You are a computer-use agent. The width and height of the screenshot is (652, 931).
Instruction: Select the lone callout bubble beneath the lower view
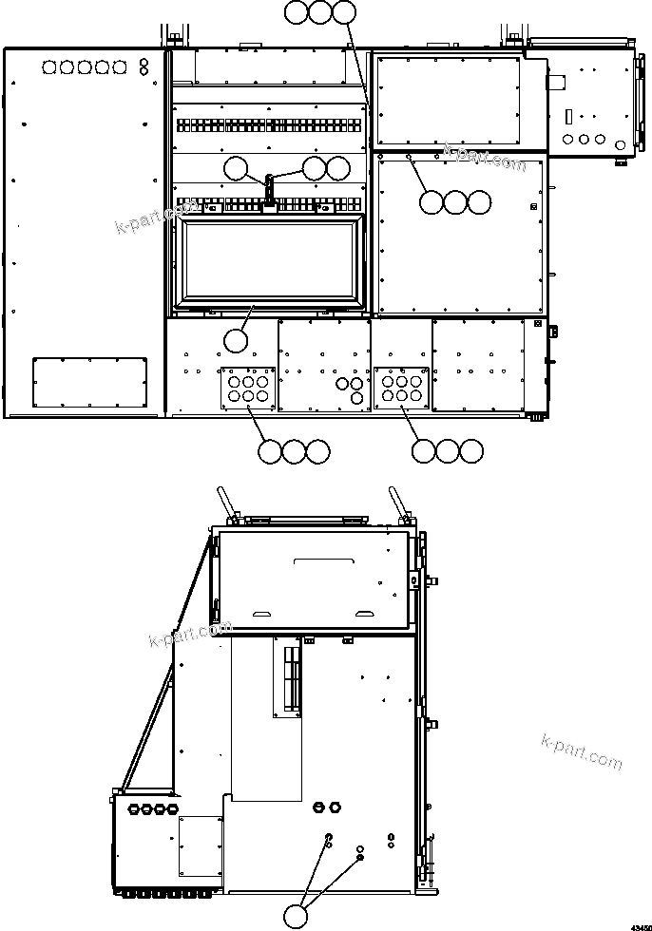click(297, 916)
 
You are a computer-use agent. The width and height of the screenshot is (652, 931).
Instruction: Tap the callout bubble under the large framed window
click(235, 338)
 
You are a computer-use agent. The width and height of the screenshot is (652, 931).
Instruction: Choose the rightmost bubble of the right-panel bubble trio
click(481, 202)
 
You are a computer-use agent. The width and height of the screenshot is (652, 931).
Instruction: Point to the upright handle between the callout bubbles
click(270, 189)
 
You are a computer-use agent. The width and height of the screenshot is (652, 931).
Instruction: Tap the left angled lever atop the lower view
click(224, 501)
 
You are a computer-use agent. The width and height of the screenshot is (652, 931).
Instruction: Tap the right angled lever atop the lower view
click(396, 501)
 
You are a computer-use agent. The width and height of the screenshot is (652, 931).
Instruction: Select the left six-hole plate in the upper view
click(248, 388)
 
